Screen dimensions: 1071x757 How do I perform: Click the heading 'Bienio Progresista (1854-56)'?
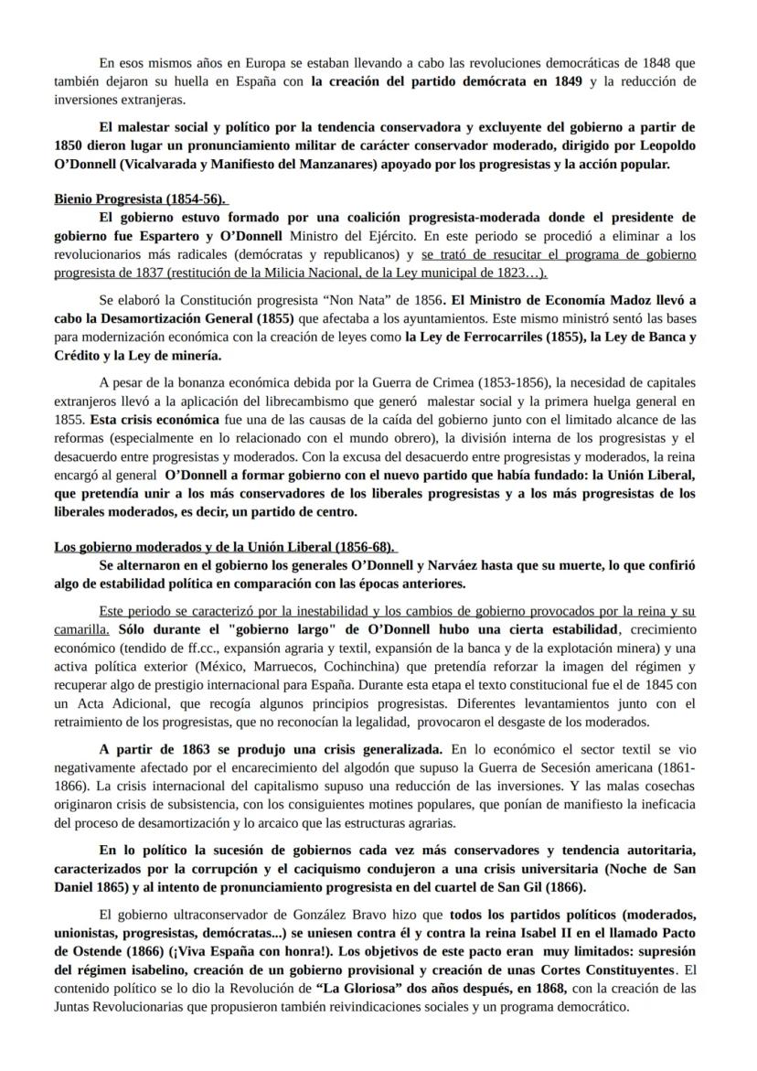tap(139, 198)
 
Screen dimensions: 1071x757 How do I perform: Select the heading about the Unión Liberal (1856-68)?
tap(224, 547)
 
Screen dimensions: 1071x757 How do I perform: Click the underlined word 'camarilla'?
tap(80, 629)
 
